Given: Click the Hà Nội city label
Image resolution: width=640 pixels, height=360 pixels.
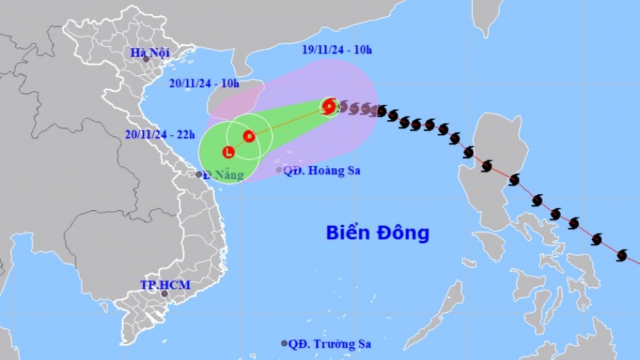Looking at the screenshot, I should pyautogui.click(x=151, y=52).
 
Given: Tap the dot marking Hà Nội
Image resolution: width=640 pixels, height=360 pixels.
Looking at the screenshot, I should pyautogui.click(x=145, y=59).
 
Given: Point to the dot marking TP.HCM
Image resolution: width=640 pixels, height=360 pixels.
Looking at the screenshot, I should pyautogui.click(x=165, y=294).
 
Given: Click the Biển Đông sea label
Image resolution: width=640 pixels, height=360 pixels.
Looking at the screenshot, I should pyautogui.click(x=377, y=233).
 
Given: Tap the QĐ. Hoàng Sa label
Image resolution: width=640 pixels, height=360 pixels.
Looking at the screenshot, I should pyautogui.click(x=321, y=170).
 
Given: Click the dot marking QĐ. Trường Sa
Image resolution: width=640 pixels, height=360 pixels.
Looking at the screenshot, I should pyautogui.click(x=284, y=343).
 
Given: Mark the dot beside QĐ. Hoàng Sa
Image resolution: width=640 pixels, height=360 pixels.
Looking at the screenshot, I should pyautogui.click(x=279, y=170).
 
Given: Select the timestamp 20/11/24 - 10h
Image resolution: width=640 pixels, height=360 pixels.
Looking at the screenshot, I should pyautogui.click(x=200, y=83).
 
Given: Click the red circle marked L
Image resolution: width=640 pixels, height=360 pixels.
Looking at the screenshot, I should pyautogui.click(x=228, y=153).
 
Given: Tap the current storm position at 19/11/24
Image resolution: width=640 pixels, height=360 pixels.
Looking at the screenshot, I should pyautogui.click(x=329, y=107).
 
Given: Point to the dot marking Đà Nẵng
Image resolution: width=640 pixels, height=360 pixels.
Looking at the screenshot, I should pyautogui.click(x=199, y=175).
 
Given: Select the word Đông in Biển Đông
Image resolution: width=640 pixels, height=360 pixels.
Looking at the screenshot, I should pyautogui.click(x=403, y=233).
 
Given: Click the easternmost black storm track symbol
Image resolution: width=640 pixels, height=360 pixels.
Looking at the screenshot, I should pyautogui.click(x=621, y=255).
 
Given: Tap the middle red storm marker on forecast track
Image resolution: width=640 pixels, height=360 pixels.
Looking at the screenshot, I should pyautogui.click(x=249, y=135).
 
